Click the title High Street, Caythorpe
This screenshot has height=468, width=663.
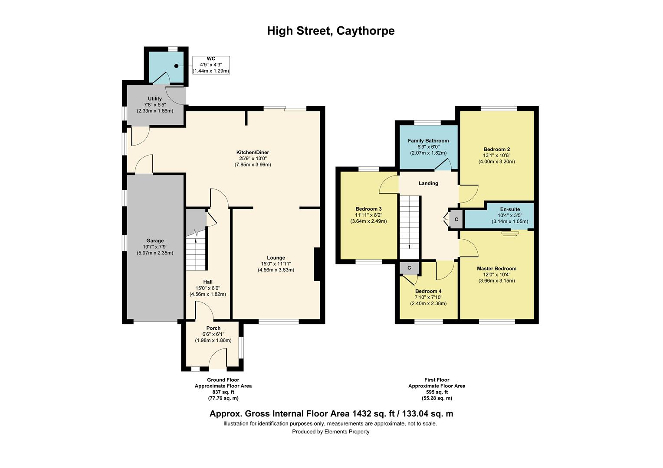click(331, 31)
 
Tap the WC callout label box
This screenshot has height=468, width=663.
click(211, 65)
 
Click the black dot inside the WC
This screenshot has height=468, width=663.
click(177, 66)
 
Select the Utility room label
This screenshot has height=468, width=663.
click(154, 99)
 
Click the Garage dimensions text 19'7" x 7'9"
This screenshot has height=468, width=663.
click(155, 247)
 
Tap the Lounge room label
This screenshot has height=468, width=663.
click(276, 258)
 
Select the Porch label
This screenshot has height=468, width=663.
click(213, 328)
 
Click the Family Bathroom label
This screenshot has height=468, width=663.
click(428, 141)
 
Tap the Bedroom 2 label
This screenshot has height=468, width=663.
click(496, 149)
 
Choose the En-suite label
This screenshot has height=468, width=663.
click(510, 209)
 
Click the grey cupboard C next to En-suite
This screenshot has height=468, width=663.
click(456, 220)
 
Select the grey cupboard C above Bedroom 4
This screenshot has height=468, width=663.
click(409, 268)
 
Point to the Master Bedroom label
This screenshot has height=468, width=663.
click(496, 269)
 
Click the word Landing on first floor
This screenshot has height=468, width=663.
click(428, 183)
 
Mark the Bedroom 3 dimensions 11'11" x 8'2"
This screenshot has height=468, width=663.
click(368, 215)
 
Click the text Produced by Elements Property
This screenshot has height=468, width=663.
click(331, 432)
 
